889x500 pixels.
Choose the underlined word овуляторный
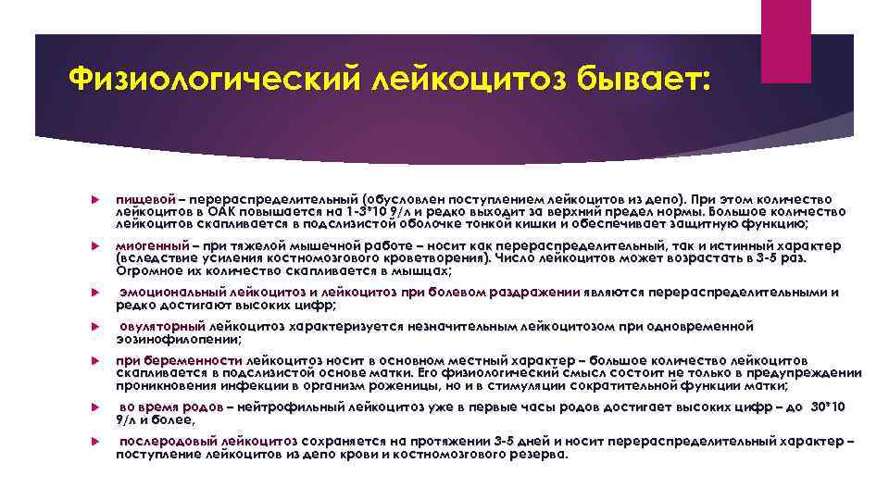click(163, 327)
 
